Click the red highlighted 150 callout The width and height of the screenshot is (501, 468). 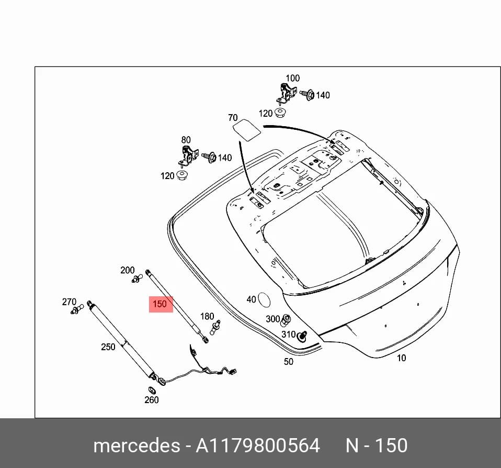pos(161,304)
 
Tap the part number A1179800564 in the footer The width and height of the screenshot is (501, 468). pos(257,445)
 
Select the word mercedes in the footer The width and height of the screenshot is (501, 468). pos(136,445)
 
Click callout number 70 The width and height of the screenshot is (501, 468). pos(233,118)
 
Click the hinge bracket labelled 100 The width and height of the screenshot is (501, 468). pos(286,93)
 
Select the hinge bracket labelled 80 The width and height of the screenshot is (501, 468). pos(188,156)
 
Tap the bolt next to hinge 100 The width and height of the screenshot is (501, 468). pos(308,95)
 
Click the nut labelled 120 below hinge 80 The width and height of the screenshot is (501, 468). pos(182,175)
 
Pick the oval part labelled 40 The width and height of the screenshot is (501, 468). pos(264,300)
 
